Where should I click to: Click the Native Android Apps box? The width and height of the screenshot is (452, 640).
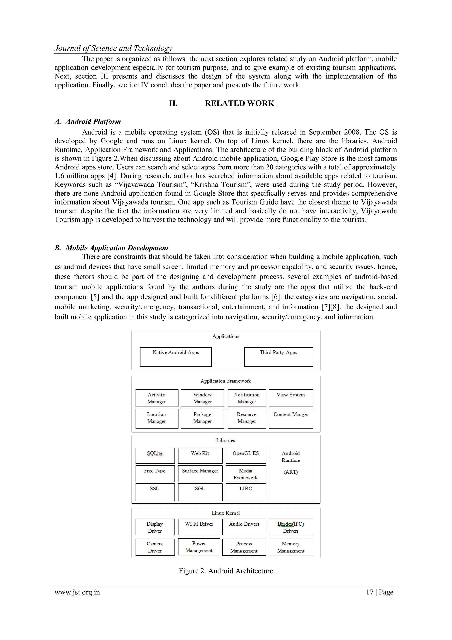click(176, 357)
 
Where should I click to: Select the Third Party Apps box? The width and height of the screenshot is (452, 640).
click(279, 357)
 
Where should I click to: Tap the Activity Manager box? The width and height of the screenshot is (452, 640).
click(156, 398)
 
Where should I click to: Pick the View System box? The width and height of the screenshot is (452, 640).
click(290, 398)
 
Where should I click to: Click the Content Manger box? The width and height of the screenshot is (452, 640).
click(290, 418)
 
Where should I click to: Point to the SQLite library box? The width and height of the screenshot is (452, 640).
click(155, 456)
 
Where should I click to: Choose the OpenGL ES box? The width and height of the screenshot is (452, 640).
click(245, 456)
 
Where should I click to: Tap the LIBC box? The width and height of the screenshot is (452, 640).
click(245, 492)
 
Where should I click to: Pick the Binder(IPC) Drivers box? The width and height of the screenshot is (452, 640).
click(290, 527)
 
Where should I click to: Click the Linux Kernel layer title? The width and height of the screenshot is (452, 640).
click(226, 513)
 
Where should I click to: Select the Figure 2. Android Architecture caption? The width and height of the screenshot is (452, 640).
click(226, 571)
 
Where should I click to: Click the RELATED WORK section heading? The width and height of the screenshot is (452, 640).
click(239, 103)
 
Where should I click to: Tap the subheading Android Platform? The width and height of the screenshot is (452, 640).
click(93, 122)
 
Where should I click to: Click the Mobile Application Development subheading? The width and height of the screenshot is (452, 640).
click(117, 248)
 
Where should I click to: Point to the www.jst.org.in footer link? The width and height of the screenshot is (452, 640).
click(77, 592)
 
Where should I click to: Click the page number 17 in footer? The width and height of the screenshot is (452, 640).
click(369, 592)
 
